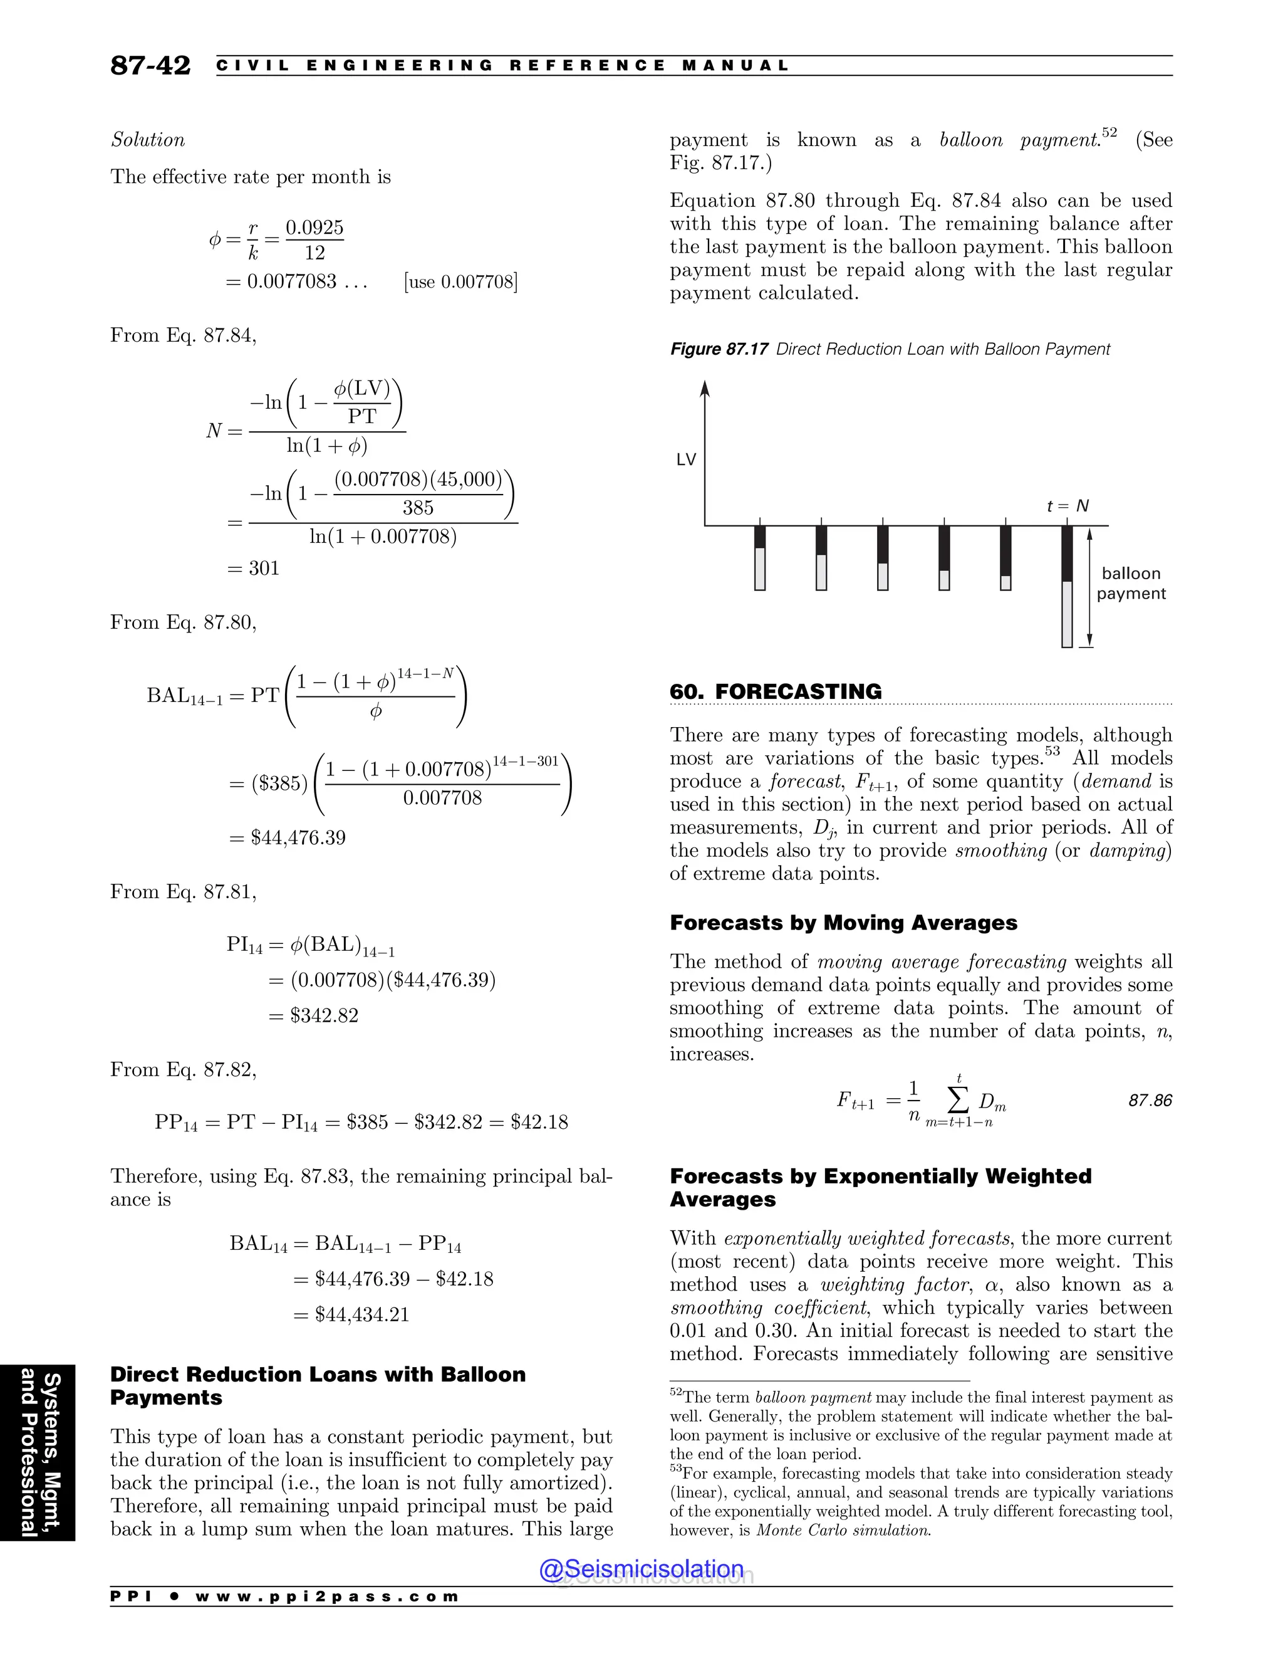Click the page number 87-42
150,65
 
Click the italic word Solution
147,140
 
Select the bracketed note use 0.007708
460,282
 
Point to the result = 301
254,568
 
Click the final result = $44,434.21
351,1314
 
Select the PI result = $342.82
313,1015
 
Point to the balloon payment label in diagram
1130,584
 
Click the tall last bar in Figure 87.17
1067,587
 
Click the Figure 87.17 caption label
719,349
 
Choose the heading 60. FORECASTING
776,691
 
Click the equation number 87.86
1150,1101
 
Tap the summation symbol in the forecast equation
958,1098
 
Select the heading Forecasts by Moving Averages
843,923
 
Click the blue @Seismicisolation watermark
641,1568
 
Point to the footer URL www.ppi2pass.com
327,1596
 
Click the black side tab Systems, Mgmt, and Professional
38,1454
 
